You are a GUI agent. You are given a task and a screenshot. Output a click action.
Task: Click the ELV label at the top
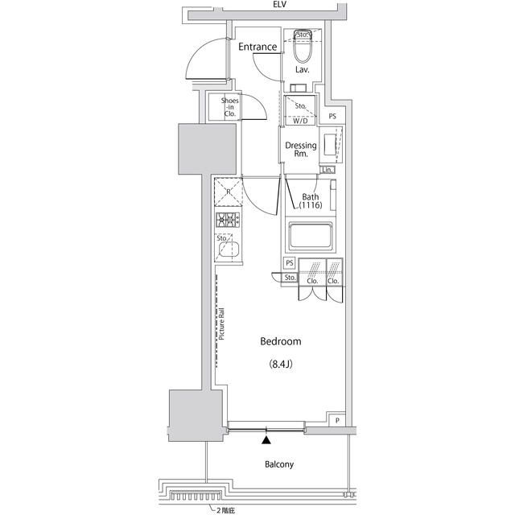coord(280,5)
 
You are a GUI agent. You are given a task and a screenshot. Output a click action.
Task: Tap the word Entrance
coord(257,47)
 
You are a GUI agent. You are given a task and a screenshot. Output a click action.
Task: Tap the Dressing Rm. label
coord(301,150)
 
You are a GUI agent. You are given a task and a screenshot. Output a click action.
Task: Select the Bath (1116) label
coord(311,202)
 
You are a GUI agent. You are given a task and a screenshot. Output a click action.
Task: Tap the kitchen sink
coord(229,250)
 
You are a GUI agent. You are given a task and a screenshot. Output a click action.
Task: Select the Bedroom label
coord(280,341)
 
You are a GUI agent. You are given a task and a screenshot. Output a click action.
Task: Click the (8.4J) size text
coord(280,365)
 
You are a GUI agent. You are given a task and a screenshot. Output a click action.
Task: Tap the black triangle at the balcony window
coord(266,439)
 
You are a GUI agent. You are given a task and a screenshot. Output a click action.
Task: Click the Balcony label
coord(279,464)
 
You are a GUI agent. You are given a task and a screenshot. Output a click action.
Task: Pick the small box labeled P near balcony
coord(336,420)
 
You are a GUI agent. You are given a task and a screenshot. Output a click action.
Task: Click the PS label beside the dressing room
coord(332,117)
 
